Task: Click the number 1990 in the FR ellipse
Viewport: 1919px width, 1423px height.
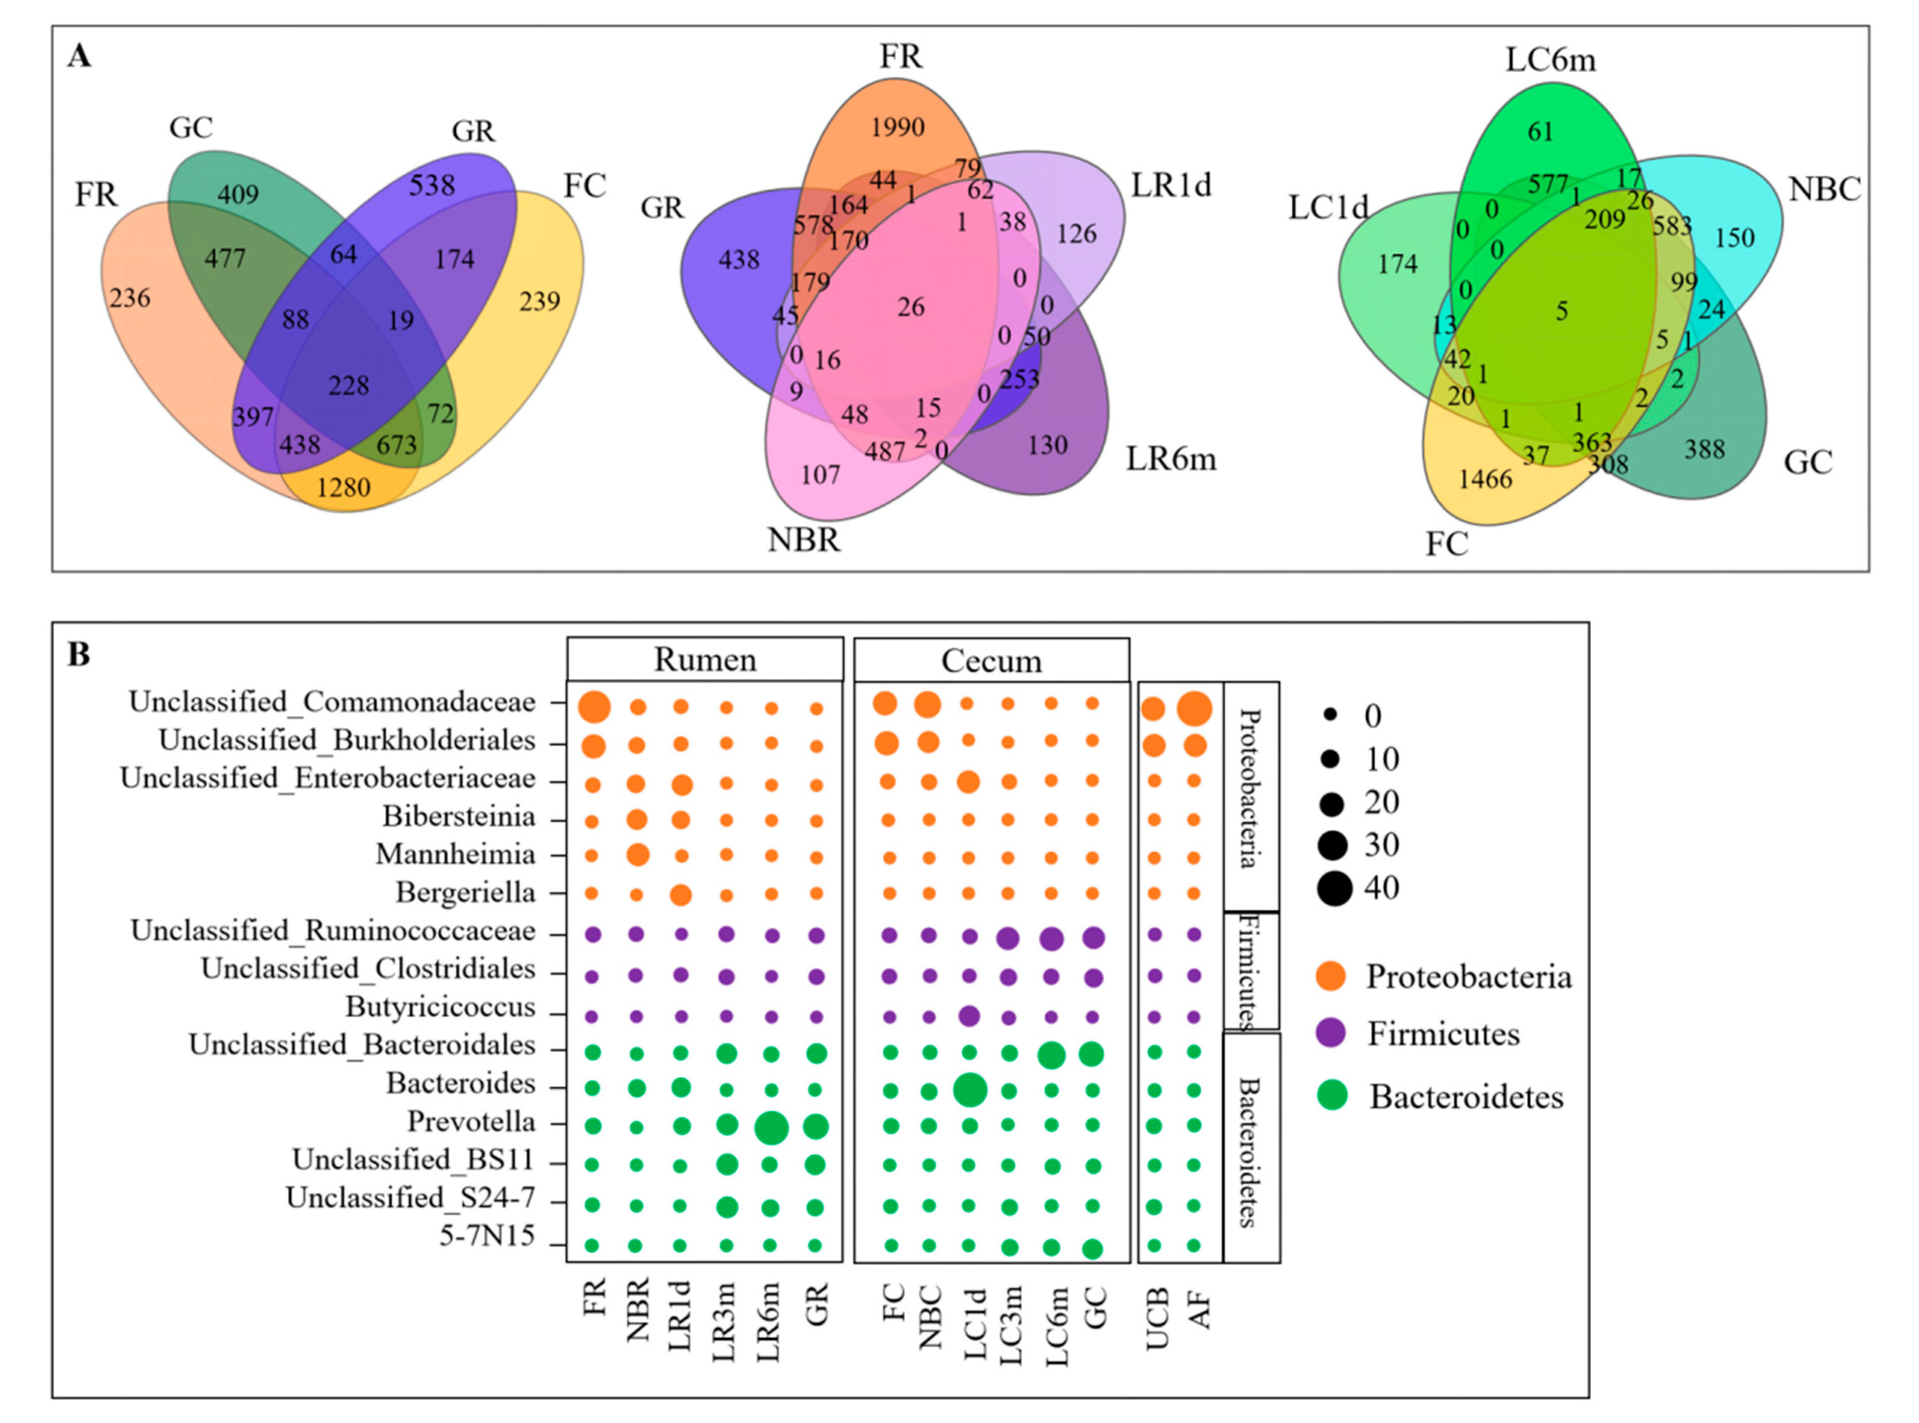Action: click(x=897, y=127)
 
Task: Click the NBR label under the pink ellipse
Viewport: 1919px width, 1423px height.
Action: click(x=803, y=540)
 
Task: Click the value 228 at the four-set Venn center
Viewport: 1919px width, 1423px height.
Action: click(x=348, y=385)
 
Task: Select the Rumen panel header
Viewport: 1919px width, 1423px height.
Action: click(x=705, y=660)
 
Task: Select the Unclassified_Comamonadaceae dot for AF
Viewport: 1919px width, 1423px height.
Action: click(x=1194, y=709)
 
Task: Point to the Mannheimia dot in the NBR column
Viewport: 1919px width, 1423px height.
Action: click(x=637, y=855)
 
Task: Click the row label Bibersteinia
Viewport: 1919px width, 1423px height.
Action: click(x=458, y=816)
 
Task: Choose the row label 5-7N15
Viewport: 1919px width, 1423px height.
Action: click(x=487, y=1237)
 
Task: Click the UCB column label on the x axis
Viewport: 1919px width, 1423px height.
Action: click(x=1156, y=1318)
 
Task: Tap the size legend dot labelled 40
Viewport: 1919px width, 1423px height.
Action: click(x=1333, y=888)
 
